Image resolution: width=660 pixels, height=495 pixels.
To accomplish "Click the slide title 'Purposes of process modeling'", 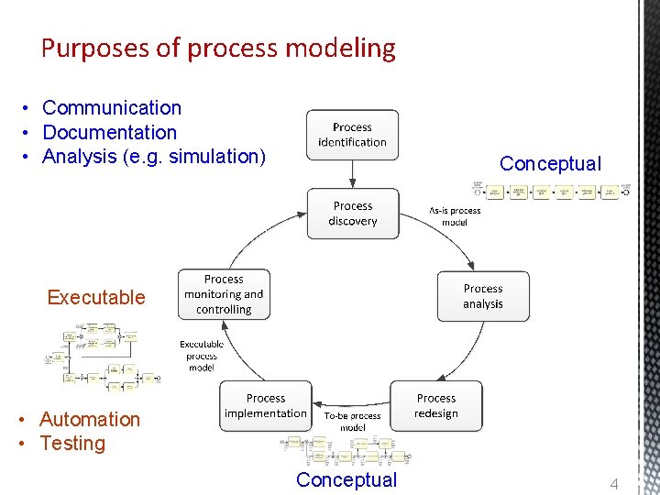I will coord(218,49).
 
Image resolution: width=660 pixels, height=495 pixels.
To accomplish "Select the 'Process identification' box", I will coord(352,135).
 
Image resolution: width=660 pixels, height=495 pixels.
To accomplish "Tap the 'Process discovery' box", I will coord(353,214).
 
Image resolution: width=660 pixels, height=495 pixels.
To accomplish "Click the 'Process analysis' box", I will coord(483,296).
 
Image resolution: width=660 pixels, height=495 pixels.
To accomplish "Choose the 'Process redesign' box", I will coord(436,406).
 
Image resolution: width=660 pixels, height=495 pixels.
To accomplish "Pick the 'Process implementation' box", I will coord(266,406).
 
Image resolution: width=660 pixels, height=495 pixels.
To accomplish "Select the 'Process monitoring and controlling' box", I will coord(224,294).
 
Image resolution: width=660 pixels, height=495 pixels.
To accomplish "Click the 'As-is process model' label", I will coord(455,216).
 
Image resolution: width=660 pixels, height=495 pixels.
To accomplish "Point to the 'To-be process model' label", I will coord(353,422).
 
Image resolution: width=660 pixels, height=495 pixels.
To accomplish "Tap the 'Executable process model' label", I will coord(202,356).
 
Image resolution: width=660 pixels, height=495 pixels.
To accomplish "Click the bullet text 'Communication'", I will coord(112,108).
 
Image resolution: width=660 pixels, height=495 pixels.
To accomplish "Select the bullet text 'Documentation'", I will coord(109,133).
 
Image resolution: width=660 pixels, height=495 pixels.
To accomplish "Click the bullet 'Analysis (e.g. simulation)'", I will coord(154,157).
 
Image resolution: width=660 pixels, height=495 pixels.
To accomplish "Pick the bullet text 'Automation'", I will coord(90,419).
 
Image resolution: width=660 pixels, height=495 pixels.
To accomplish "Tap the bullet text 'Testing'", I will coord(72,444).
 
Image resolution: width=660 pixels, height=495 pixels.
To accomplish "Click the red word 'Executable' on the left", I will coord(96,297).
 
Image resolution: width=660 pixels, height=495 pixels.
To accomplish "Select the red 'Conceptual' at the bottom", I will coord(346,480).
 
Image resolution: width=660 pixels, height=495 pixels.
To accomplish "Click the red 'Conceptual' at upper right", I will coord(550,164).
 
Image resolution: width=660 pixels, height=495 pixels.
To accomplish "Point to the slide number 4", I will coord(615,483).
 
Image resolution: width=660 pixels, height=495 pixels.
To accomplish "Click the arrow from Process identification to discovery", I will coord(353,174).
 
